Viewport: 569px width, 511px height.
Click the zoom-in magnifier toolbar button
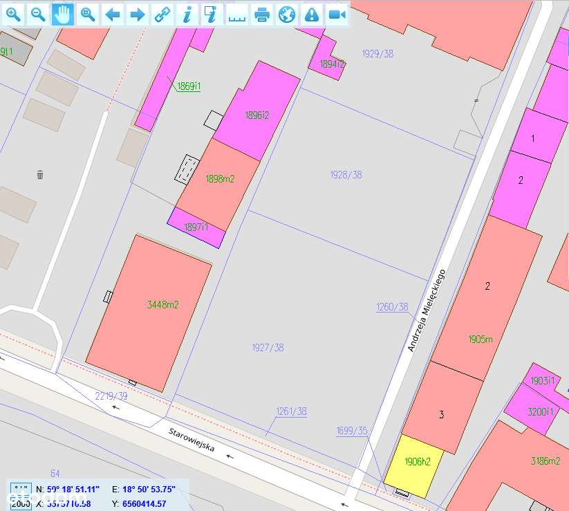13,14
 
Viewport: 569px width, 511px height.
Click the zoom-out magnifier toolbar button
38,14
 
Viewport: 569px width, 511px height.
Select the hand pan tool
62,14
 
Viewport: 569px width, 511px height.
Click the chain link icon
162,14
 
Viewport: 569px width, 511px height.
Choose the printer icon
262,14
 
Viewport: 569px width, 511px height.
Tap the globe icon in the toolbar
287,14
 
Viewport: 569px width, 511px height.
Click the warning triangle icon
312,14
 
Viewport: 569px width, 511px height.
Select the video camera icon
337,14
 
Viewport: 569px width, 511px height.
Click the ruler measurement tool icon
237,14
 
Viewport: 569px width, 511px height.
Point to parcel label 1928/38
346,175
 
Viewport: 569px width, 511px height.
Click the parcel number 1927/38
268,348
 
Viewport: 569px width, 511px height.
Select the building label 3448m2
163,304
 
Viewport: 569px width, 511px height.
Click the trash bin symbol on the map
40,174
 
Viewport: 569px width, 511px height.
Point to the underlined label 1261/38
291,411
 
